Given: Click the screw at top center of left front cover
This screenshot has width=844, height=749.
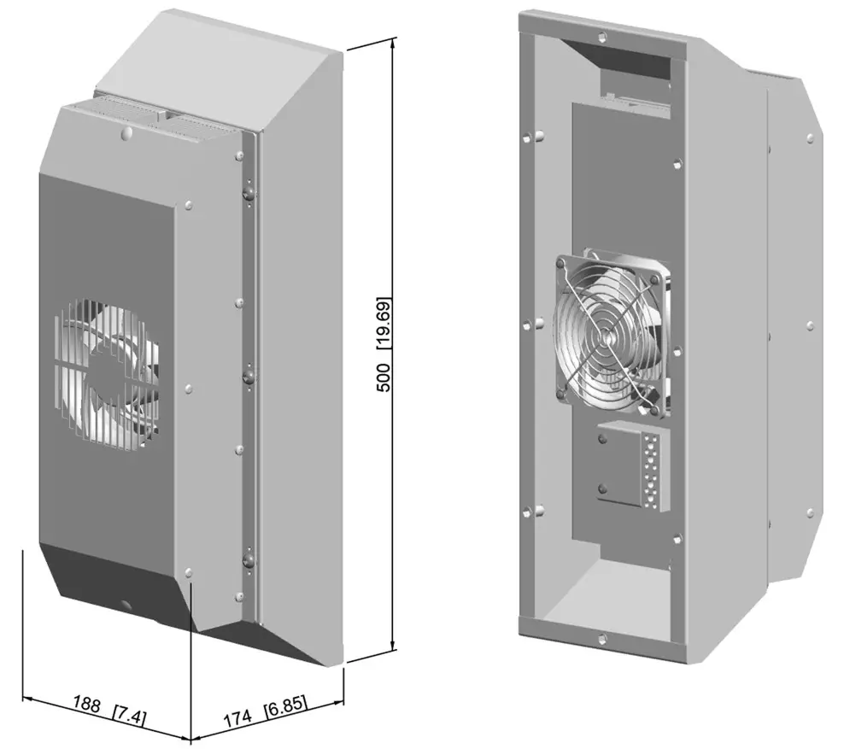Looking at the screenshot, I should tap(126, 134).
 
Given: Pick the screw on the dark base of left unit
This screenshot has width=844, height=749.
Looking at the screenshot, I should tap(127, 604).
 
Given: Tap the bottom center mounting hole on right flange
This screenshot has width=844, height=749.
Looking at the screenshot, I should tap(603, 636).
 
